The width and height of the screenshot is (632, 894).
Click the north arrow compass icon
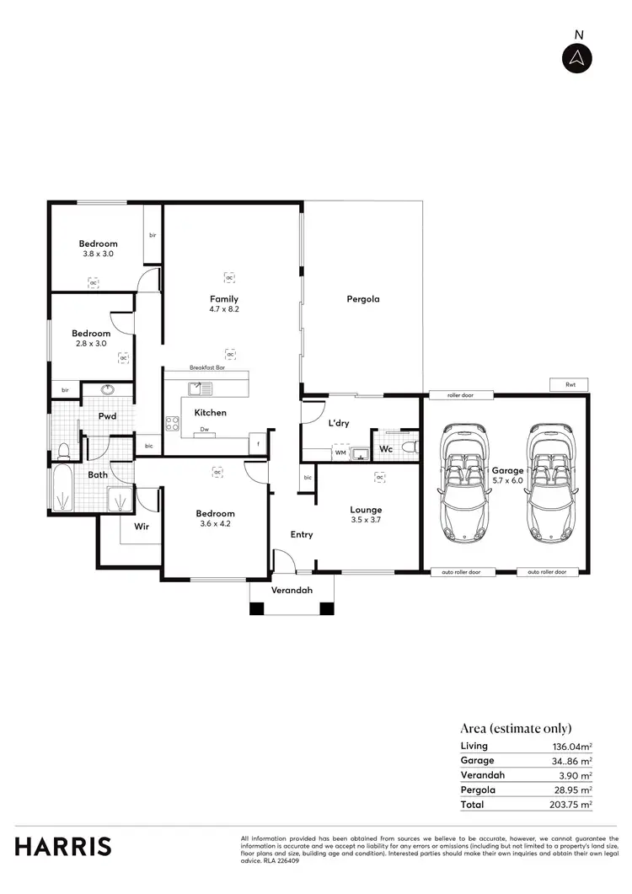point(578,57)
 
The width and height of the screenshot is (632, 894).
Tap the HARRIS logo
point(62,846)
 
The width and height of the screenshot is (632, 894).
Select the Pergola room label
point(363,299)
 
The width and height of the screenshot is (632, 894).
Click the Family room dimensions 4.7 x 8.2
point(224,309)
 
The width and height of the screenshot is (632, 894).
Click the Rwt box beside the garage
point(570,384)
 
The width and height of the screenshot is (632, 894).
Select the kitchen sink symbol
point(201,388)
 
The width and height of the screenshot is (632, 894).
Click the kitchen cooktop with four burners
point(173,425)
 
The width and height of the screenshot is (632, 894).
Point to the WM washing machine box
point(340,453)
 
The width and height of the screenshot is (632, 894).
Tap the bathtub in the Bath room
point(62,490)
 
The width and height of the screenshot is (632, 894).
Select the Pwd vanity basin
point(108,390)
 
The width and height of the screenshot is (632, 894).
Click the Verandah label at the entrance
point(292,590)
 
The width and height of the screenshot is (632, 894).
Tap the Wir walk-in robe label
point(142,527)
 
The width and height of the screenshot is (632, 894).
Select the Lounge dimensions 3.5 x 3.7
point(366,521)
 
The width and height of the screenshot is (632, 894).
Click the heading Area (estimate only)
point(516,728)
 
